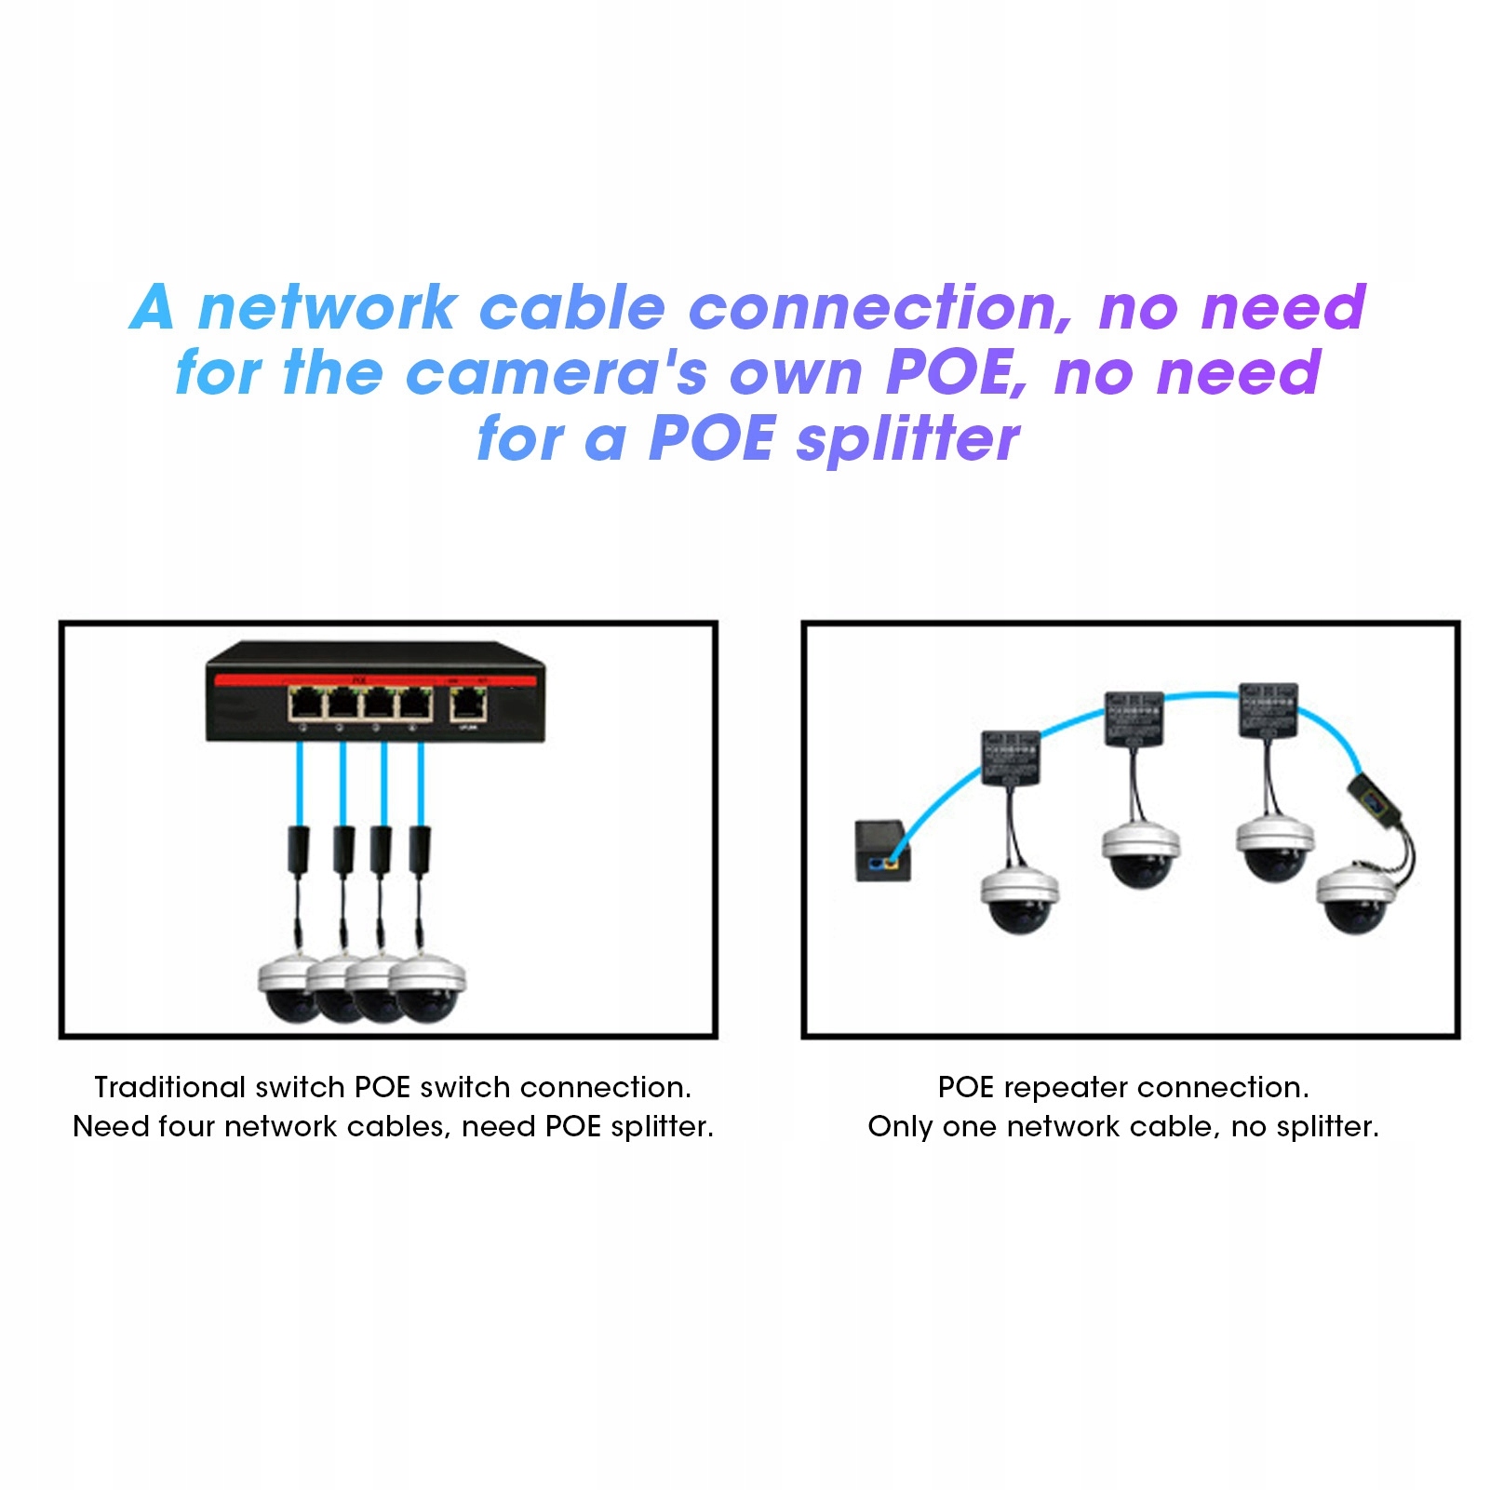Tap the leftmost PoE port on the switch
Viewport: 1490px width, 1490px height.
[305, 705]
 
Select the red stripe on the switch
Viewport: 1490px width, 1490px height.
[372, 681]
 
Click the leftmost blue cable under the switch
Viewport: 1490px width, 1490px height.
[300, 782]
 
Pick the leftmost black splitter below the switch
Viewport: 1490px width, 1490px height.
[300, 847]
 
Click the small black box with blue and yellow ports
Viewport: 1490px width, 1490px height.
[881, 851]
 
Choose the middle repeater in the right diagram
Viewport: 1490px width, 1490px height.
[1134, 718]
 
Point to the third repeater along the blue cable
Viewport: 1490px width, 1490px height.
[1268, 710]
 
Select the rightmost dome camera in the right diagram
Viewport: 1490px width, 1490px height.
[1356, 898]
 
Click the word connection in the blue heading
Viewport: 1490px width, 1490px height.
[880, 308]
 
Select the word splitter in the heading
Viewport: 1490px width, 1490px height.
[907, 438]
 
